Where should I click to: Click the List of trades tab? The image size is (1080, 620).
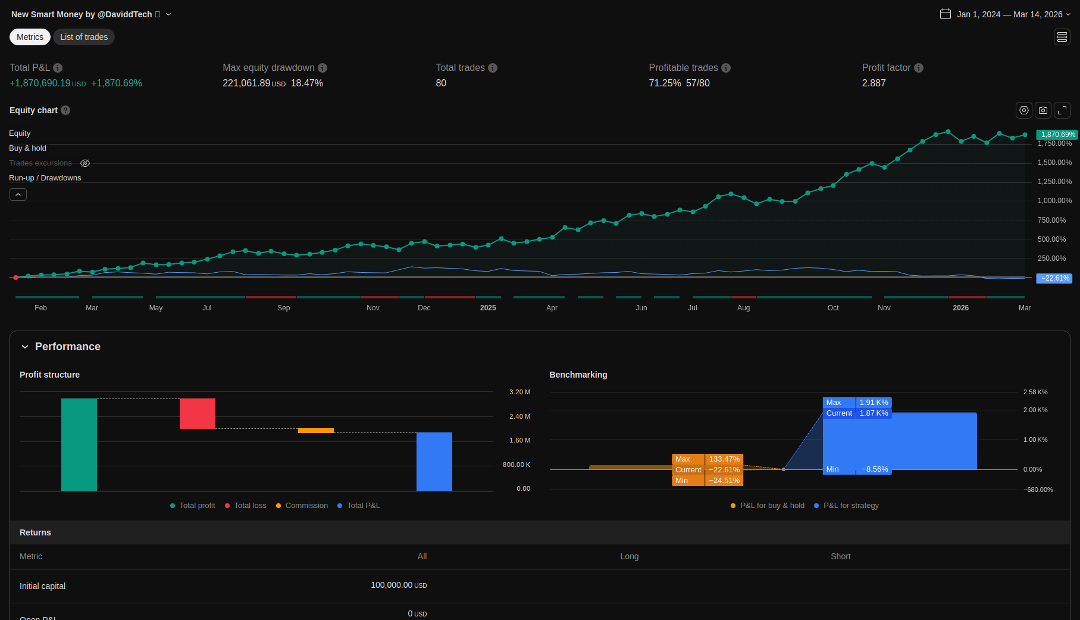click(84, 37)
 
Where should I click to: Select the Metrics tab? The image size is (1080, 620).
click(30, 37)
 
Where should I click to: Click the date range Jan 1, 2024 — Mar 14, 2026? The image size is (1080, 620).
click(1009, 14)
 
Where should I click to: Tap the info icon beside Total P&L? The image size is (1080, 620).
click(58, 68)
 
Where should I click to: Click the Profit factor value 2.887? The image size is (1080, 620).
click(874, 83)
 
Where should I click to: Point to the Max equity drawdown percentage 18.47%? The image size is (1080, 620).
click(306, 83)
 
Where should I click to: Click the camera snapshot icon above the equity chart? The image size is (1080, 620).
click(1043, 110)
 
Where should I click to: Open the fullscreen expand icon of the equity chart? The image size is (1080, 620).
click(1062, 110)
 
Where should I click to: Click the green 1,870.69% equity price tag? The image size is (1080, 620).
click(1057, 135)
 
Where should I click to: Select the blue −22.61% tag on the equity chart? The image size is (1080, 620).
click(1054, 278)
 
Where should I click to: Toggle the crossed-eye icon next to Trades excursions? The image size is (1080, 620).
click(85, 163)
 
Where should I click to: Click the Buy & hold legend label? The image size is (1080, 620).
click(27, 148)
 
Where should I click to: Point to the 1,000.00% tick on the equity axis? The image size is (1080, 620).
click(1054, 201)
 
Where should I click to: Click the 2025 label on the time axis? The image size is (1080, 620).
click(488, 308)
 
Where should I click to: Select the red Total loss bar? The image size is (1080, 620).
click(198, 413)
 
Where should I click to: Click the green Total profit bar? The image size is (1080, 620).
click(79, 444)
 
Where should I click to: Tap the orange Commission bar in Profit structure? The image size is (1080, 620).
click(316, 431)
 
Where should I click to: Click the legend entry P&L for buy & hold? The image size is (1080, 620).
click(772, 506)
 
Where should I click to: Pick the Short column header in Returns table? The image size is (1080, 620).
click(840, 556)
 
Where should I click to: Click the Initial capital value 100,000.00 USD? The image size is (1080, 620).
click(399, 585)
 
